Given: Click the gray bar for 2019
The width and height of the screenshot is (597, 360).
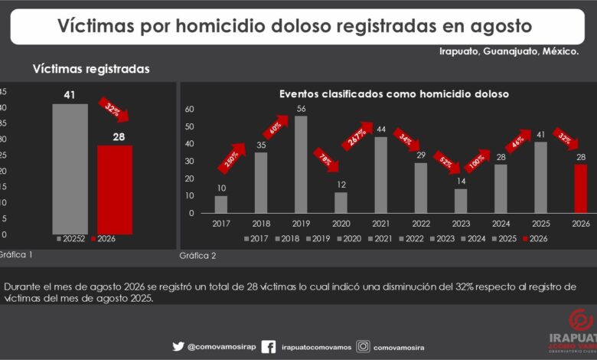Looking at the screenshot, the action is click(x=301, y=164).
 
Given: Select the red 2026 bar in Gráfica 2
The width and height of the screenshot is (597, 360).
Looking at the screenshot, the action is click(x=581, y=188).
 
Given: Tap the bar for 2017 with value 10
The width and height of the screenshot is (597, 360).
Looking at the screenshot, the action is click(x=221, y=205).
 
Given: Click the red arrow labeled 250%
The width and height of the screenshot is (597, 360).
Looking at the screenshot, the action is click(x=232, y=158).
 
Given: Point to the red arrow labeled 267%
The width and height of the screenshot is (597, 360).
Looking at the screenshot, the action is click(x=357, y=136).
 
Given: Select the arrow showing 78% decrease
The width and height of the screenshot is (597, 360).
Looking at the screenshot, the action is click(x=326, y=160).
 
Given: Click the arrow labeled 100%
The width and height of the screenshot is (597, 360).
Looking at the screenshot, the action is click(x=477, y=161).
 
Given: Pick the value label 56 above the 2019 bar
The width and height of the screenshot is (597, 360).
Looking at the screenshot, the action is click(x=301, y=109).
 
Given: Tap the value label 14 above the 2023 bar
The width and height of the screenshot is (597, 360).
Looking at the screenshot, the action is click(x=461, y=181).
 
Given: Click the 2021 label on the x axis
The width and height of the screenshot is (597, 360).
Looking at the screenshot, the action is click(x=380, y=224).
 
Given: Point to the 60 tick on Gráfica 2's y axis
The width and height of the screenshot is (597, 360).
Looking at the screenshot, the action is click(x=190, y=109).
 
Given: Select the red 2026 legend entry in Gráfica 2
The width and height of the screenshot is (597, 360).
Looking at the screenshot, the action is click(x=535, y=239).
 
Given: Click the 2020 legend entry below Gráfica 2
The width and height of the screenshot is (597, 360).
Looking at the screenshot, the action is click(x=349, y=239).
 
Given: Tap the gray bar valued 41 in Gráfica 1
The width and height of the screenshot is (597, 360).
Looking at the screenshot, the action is click(x=70, y=169).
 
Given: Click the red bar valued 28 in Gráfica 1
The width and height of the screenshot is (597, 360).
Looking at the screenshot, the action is click(x=115, y=189).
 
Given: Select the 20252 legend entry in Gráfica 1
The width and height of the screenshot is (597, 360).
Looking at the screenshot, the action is click(x=71, y=239).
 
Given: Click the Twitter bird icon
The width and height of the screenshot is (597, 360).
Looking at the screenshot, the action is click(x=178, y=346).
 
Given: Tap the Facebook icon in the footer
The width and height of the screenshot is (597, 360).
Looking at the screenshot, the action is click(x=269, y=347).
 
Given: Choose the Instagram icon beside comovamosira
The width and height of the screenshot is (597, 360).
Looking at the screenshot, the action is click(x=364, y=346).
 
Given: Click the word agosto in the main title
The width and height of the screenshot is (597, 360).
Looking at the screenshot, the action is click(x=501, y=27).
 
